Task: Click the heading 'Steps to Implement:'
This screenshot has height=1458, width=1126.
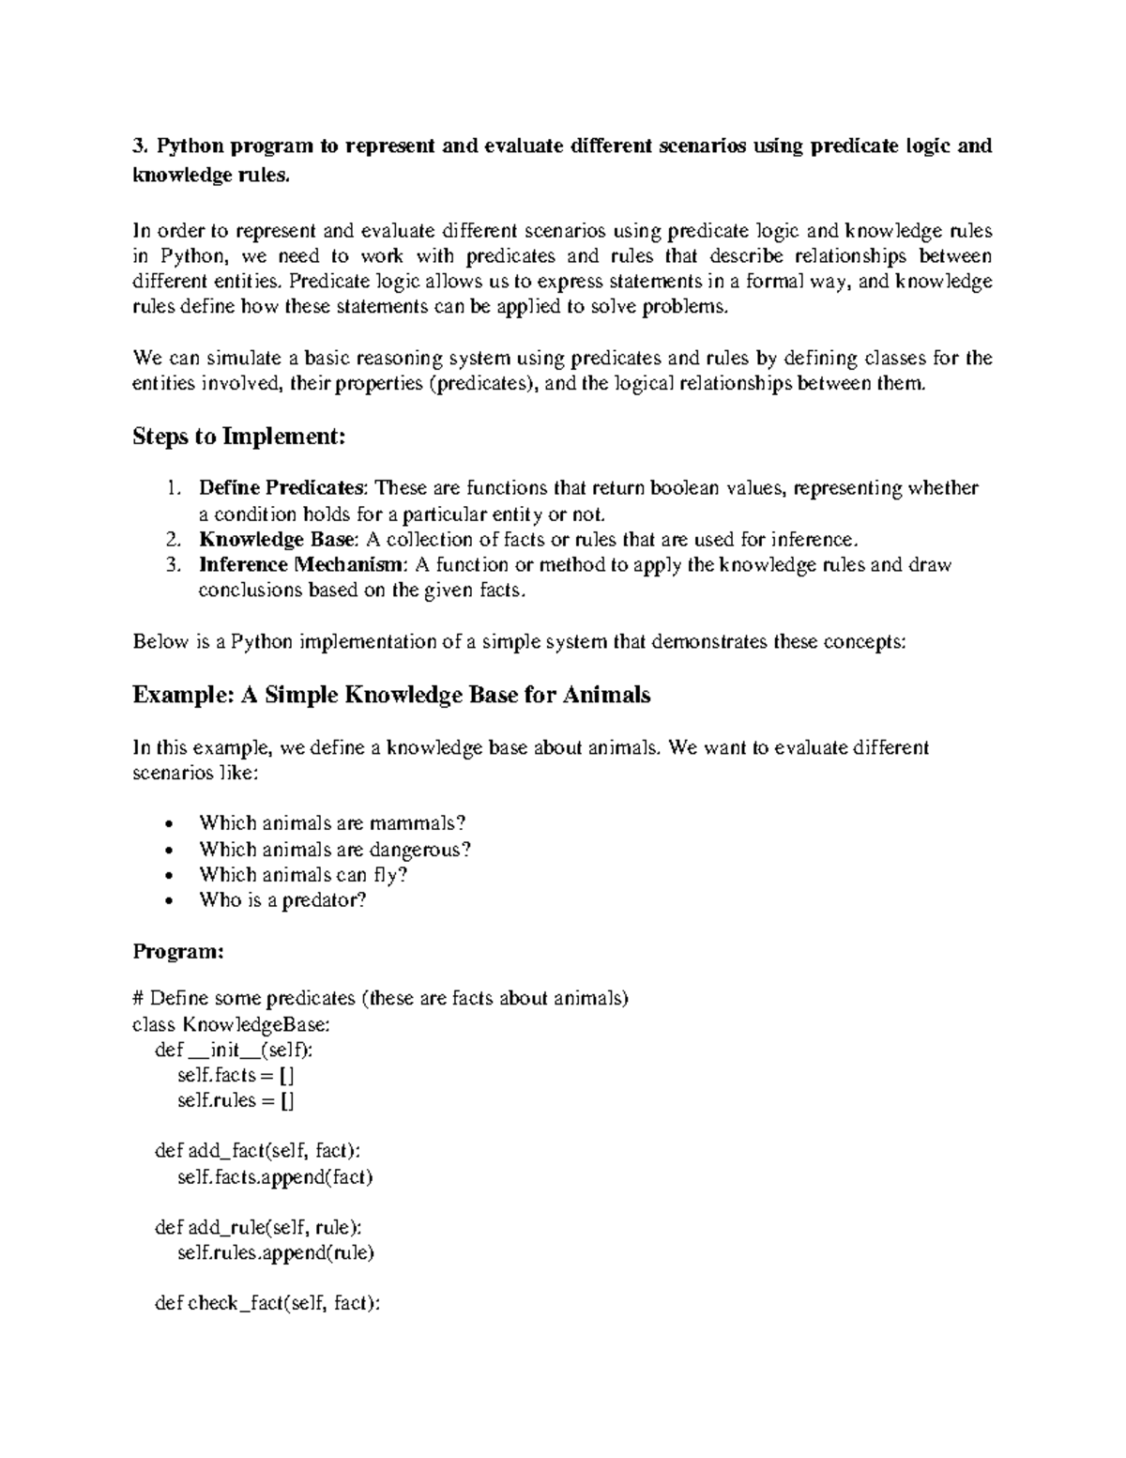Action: pos(239,437)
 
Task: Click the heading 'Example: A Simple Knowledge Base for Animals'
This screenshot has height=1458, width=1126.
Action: pos(391,696)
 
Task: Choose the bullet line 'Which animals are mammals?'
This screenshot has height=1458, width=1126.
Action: pos(332,823)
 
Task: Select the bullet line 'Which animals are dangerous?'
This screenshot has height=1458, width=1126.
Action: pos(334,850)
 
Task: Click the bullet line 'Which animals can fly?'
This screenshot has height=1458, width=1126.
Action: pos(303,875)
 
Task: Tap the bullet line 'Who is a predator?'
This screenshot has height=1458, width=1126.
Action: pos(282,900)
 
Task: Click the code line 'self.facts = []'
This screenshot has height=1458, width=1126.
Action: pos(236,1075)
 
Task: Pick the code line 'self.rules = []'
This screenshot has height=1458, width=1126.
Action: pos(236,1100)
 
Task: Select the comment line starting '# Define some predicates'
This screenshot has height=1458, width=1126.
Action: pos(380,998)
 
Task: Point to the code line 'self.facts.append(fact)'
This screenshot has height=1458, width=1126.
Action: pos(275,1177)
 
